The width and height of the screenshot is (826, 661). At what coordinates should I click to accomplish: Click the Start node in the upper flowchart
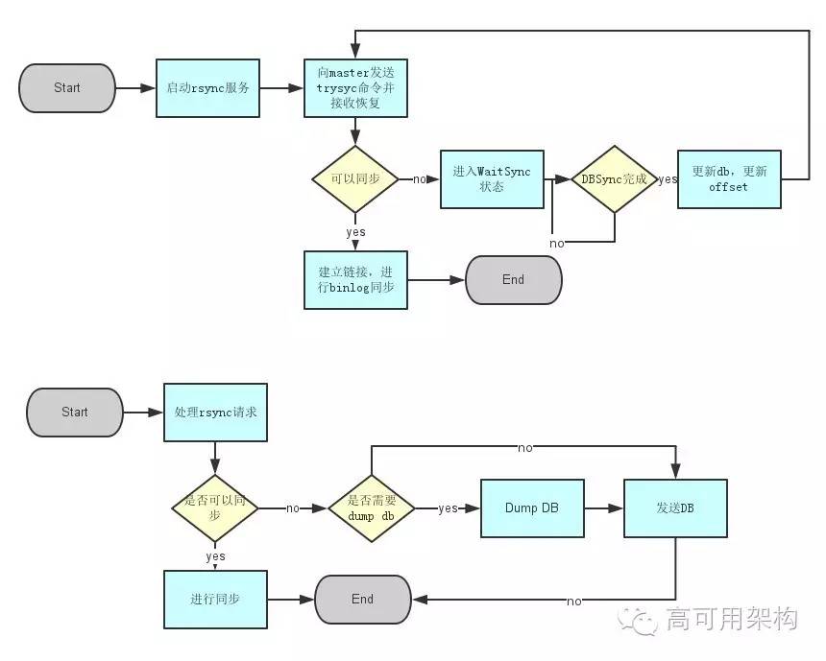pos(66,87)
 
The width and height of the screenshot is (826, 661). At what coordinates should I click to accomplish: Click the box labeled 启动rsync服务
pos(207,87)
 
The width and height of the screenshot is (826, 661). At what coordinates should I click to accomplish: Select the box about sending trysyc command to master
pos(355,87)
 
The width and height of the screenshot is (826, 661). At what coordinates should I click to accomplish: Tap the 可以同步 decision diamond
pos(355,179)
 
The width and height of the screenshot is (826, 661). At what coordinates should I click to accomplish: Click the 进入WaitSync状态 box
pos(492,179)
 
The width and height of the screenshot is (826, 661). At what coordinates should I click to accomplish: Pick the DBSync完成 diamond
pos(614,179)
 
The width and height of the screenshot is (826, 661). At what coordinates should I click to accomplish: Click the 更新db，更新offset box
pos(729,179)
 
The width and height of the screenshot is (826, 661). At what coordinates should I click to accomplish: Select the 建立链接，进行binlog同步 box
pos(355,280)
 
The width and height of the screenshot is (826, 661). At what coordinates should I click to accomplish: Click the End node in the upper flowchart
pos(513,280)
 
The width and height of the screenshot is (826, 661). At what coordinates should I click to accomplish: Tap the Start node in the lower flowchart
pos(75,413)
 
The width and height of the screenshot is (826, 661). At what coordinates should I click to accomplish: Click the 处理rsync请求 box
pos(215,413)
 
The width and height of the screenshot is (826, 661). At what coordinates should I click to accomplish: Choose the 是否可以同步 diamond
pos(215,508)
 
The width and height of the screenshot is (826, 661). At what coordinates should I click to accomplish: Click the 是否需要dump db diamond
pos(372,508)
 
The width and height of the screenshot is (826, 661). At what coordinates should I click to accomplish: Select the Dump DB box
pos(532,508)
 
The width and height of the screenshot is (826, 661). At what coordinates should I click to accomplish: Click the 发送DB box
pos(675,508)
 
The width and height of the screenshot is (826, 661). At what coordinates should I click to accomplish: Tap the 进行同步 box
pos(215,600)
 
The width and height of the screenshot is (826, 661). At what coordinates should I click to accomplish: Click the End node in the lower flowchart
pos(362,600)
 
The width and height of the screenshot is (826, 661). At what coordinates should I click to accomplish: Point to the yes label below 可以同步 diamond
pos(355,232)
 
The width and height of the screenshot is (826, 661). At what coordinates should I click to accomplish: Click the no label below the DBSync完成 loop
pos(557,244)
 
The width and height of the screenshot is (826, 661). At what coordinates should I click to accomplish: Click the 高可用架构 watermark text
pos(732,620)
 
